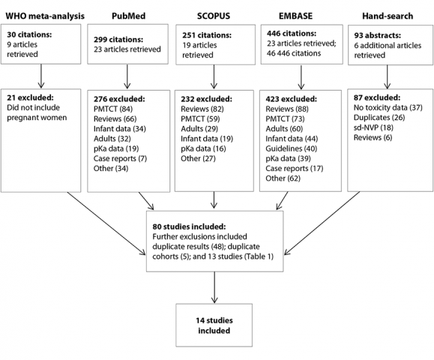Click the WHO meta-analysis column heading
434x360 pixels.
(45, 16)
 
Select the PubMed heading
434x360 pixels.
(128, 16)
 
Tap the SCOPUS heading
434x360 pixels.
(214, 16)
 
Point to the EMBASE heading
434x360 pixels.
(295, 16)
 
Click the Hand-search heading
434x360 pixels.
(388, 16)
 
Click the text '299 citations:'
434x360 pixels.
(118, 40)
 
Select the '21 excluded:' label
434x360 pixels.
(30, 97)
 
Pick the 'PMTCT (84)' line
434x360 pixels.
(113, 109)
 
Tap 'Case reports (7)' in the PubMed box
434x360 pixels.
(120, 158)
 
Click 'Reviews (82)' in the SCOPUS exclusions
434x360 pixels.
(202, 109)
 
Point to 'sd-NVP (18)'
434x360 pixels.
(373, 127)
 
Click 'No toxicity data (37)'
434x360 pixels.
(388, 107)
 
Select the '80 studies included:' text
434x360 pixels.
(189, 226)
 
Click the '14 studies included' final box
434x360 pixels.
(214, 325)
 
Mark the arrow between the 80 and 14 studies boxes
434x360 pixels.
(214, 287)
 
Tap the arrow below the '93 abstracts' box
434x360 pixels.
(388, 77)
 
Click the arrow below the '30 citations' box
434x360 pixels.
(41, 76)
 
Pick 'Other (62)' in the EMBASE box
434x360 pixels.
(283, 178)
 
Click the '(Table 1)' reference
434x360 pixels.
(259, 256)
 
